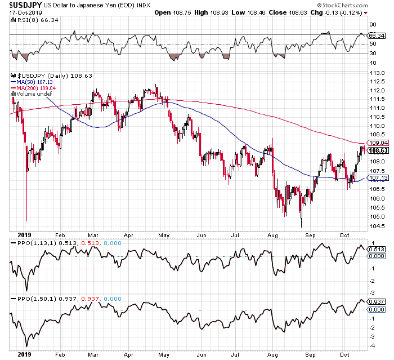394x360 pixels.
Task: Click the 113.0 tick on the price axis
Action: (377, 73)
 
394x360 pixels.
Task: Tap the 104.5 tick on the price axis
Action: (377, 226)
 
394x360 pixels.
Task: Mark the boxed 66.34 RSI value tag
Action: (375, 35)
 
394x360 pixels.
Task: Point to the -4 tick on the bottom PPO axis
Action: (371, 345)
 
